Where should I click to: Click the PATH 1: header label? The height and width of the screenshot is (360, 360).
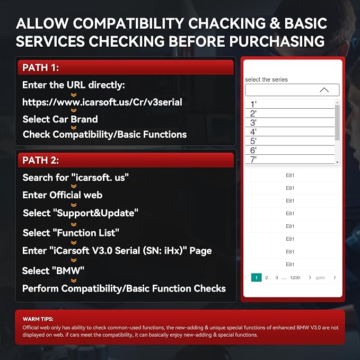(41, 68)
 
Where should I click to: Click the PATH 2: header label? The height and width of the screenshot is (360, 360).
(41, 160)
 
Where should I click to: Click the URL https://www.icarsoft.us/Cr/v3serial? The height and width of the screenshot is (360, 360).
(102, 102)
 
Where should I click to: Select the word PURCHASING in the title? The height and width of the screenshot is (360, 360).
(277, 41)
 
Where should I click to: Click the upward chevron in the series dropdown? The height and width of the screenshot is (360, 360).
(324, 90)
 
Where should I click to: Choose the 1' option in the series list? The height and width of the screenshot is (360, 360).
(253, 104)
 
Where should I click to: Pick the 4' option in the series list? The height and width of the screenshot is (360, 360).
(253, 132)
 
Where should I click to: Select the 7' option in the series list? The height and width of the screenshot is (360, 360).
(253, 160)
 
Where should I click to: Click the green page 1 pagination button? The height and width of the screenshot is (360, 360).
(257, 278)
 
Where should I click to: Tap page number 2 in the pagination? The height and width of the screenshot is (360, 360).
(267, 278)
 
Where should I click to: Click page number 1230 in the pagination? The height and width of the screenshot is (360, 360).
(295, 278)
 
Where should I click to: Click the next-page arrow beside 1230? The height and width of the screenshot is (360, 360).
(310, 277)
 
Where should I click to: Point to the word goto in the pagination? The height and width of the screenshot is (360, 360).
(320, 278)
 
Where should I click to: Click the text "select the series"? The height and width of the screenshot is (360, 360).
(266, 80)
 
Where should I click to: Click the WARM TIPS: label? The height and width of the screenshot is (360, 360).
(38, 319)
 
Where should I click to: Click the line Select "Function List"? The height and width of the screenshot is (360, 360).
(71, 233)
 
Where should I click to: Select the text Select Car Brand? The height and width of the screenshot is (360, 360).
(60, 119)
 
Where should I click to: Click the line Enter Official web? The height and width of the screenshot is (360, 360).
(63, 195)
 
